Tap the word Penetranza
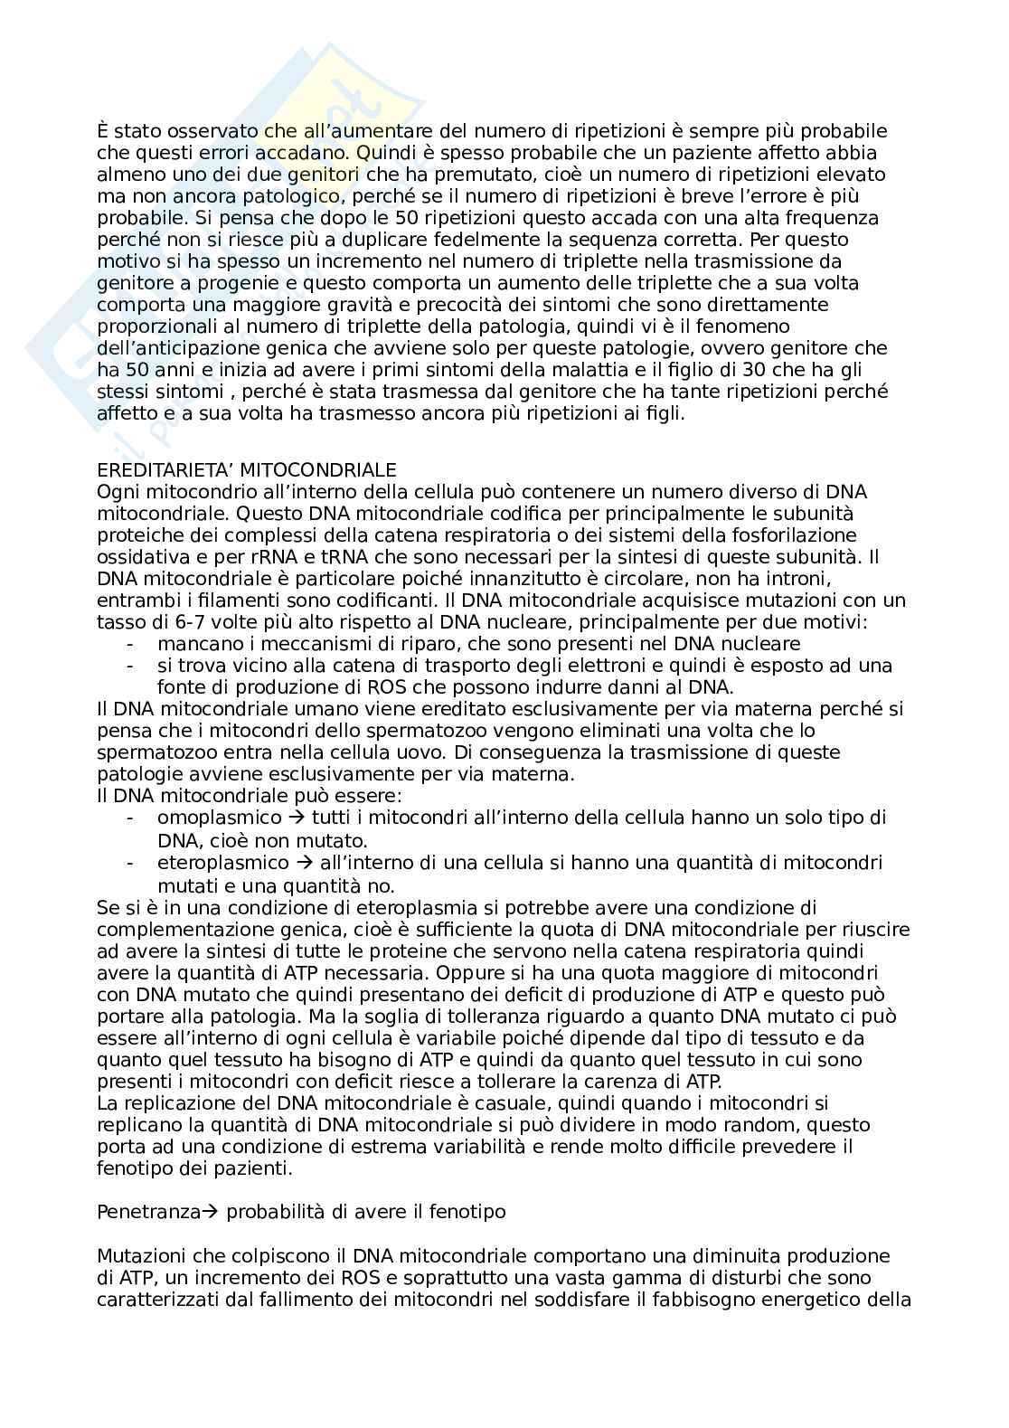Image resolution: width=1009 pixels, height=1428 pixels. [x=147, y=1213]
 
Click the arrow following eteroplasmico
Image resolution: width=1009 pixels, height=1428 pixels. [x=303, y=863]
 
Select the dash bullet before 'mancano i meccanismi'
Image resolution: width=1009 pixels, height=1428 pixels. [x=132, y=644]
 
